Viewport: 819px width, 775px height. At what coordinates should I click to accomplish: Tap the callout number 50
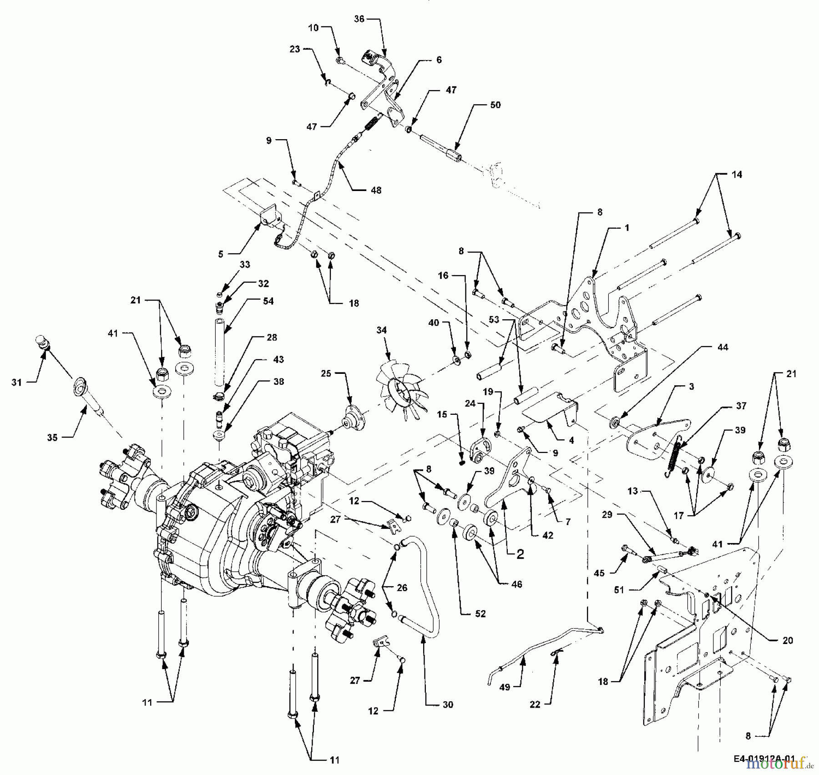[x=495, y=105]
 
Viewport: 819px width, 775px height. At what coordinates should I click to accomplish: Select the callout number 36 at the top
[x=359, y=19]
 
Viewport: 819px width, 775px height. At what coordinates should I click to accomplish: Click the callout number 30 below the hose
[x=448, y=705]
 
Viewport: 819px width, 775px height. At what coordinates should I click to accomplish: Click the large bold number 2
[x=520, y=554]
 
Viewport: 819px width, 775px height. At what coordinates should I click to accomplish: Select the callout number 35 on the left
[x=52, y=437]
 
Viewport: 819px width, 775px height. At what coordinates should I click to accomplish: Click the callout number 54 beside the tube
[x=268, y=301]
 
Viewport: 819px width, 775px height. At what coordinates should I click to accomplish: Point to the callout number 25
[x=326, y=373]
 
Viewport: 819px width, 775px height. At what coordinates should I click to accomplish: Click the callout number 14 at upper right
[x=737, y=174]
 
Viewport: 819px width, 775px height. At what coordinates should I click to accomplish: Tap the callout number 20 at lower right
[x=787, y=640]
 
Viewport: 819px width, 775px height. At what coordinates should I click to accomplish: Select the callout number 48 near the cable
[x=375, y=190]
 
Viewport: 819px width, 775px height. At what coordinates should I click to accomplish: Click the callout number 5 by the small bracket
[x=220, y=254]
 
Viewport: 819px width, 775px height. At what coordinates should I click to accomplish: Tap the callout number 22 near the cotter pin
[x=535, y=705]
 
